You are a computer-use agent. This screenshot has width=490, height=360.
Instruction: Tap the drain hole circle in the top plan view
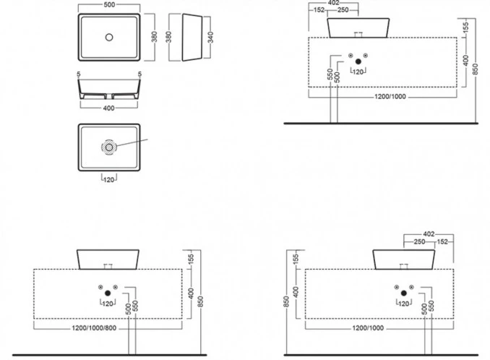pyautogui.click(x=108, y=36)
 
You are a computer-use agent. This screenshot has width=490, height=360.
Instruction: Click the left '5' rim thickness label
pyautogui.click(x=77, y=74)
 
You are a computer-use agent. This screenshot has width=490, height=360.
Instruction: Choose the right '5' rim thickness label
pyautogui.click(x=139, y=74)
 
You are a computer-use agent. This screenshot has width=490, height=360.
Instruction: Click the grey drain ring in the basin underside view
pyautogui.click(x=108, y=147)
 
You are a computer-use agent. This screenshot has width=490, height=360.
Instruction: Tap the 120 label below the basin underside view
pyautogui.click(x=108, y=178)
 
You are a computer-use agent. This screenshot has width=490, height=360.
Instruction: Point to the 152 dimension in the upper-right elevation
pyautogui.click(x=319, y=11)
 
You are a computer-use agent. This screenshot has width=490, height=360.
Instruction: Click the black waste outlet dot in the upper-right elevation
pyautogui.click(x=358, y=62)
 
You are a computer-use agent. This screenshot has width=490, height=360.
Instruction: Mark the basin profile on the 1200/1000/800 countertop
pyautogui.click(x=108, y=259)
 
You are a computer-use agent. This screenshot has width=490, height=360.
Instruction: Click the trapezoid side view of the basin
pyautogui.click(x=192, y=36)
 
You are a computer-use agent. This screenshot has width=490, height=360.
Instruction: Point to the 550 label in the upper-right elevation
pyautogui.click(x=329, y=74)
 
